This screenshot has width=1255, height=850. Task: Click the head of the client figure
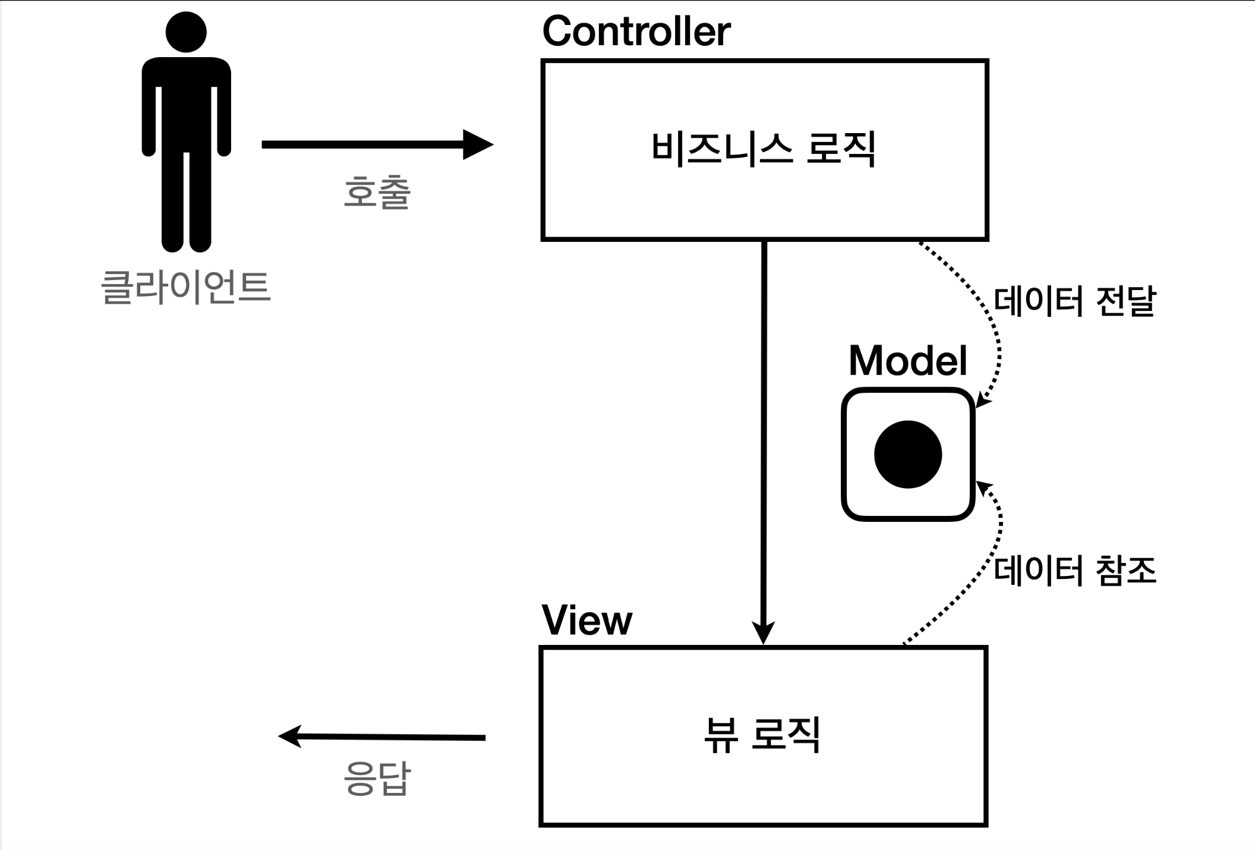tap(186, 32)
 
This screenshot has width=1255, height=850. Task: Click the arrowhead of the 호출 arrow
tap(479, 144)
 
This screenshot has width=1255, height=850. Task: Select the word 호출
tap(377, 193)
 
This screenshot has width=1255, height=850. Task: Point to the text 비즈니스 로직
tap(764, 149)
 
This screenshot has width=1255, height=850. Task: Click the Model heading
tap(908, 361)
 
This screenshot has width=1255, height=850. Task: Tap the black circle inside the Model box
tap(908, 455)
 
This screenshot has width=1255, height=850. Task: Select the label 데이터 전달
tap(1074, 301)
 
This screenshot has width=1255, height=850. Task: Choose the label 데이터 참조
tap(1074, 571)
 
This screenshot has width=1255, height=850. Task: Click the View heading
tap(587, 621)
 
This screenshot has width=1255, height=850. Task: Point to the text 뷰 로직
tap(763, 735)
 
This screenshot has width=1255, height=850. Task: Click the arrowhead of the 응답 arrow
tap(289, 736)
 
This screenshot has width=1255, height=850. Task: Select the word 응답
tap(377, 779)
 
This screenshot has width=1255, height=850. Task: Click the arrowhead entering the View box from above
tap(764, 634)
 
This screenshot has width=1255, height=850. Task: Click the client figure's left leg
tap(173, 202)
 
